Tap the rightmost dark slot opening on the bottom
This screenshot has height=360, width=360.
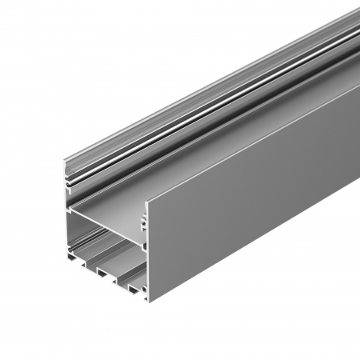(x=127, y=283)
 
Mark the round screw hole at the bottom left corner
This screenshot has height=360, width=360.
(x=67, y=250)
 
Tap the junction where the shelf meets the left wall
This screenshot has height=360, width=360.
(x=70, y=210)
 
